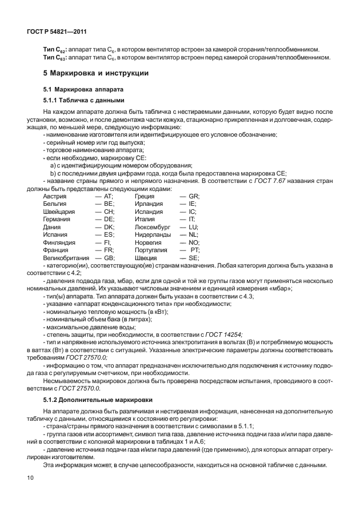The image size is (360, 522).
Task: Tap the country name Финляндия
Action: point(59,242)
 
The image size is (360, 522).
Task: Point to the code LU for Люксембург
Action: point(193,227)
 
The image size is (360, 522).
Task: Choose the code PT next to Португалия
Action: point(194,250)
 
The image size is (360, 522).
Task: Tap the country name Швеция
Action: point(145,258)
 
